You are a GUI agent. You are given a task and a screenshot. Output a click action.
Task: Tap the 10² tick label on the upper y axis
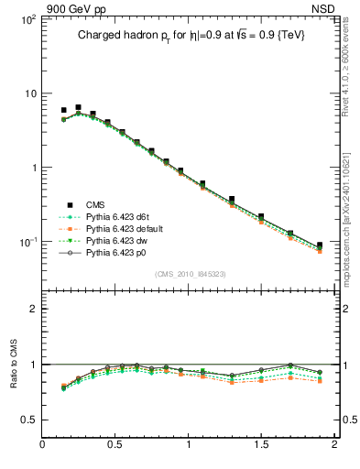coord(27,19)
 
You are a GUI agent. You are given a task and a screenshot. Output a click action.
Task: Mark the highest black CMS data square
coord(78,107)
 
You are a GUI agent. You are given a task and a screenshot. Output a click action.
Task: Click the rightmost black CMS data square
coord(320,245)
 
